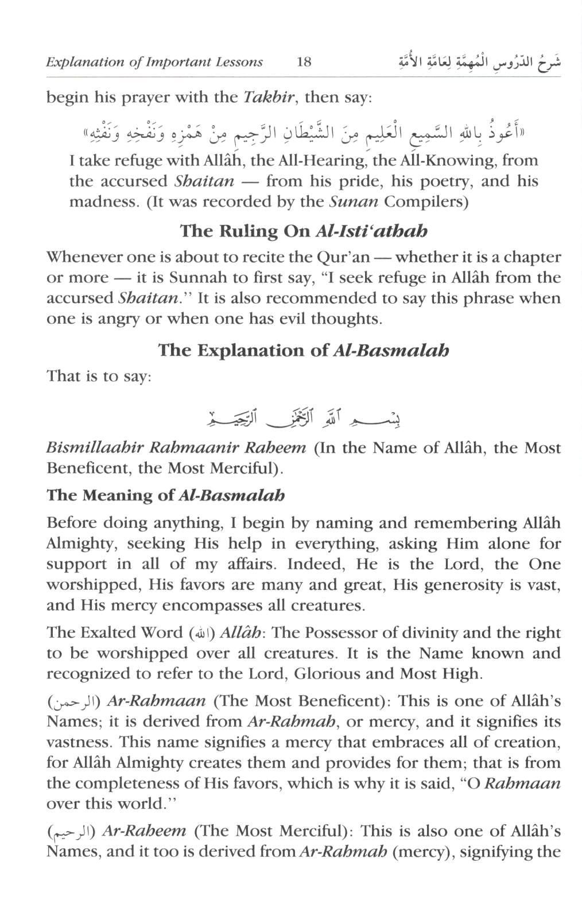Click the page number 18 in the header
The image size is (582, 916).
[x=304, y=62]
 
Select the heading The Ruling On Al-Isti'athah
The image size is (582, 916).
[x=304, y=231]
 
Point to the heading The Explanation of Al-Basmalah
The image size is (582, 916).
[x=304, y=350]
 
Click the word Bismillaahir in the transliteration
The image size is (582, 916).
[x=94, y=448]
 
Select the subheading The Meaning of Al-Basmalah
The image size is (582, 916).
[x=165, y=495]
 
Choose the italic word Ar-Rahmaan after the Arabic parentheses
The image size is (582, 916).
[x=157, y=701]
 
